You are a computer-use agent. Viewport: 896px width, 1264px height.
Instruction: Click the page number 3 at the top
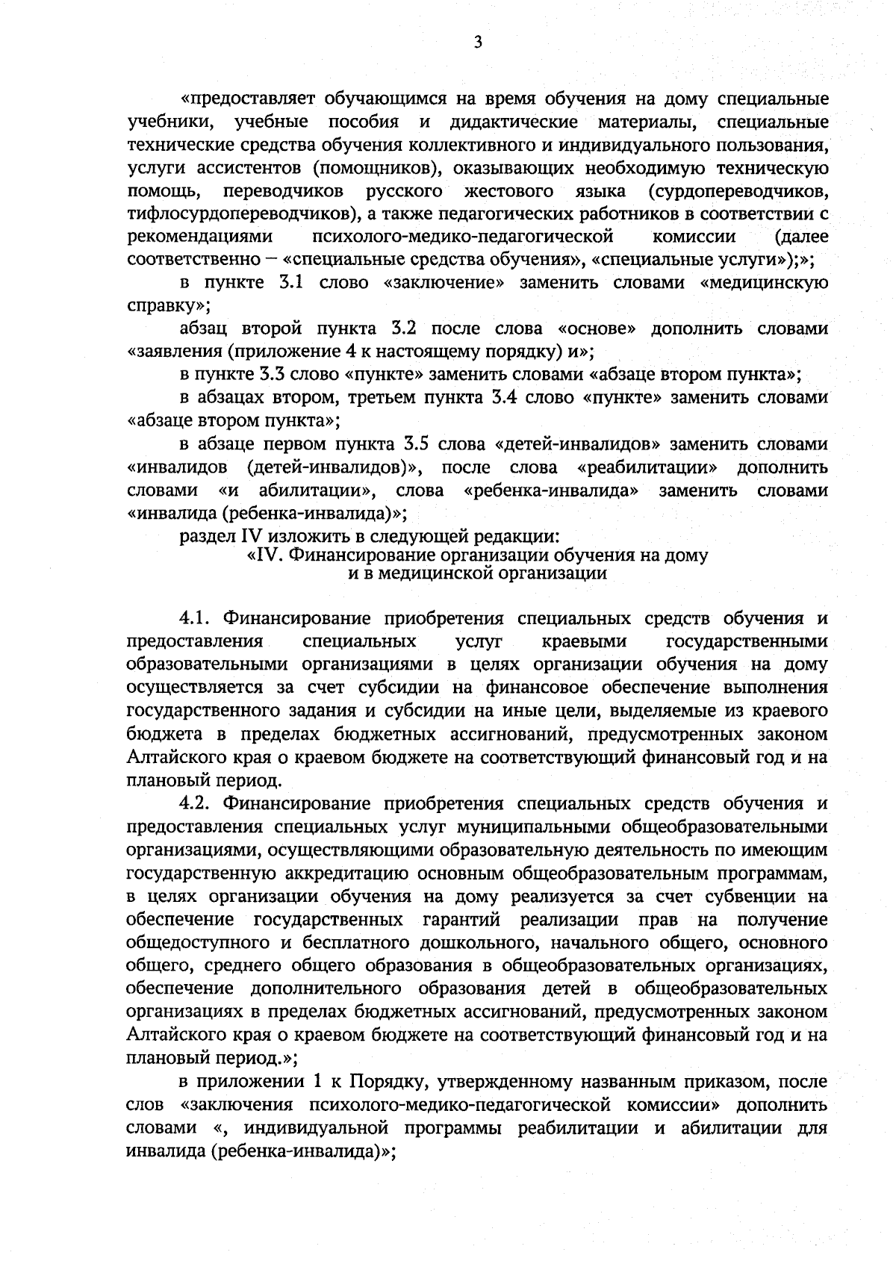click(x=478, y=43)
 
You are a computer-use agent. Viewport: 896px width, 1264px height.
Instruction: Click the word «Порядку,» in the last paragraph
click(x=390, y=1081)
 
